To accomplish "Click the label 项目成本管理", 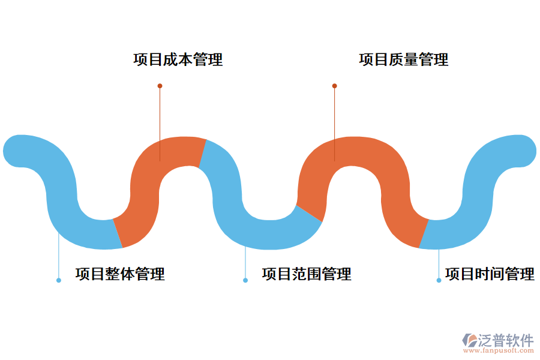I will tap(178, 60).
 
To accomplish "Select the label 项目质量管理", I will tap(403, 60).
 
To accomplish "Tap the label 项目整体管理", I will tap(120, 274).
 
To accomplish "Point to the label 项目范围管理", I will tap(307, 274).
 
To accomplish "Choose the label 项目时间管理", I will tap(490, 274).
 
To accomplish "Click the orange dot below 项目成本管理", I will tap(160, 86).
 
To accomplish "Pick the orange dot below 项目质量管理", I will tap(334, 86).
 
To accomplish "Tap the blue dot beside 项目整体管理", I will tap(59, 280).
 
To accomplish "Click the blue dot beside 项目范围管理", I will tap(245, 280).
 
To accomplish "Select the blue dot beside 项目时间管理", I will tap(439, 280).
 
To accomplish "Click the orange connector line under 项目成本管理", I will tap(160, 120).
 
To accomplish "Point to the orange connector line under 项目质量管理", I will tap(334, 120).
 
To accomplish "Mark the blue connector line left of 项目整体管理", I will tap(59, 258).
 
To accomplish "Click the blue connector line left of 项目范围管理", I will tap(245, 264).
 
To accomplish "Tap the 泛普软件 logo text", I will tap(506, 340).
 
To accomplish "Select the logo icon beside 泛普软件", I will tap(469, 340).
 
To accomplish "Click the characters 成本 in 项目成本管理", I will tap(178, 60).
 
